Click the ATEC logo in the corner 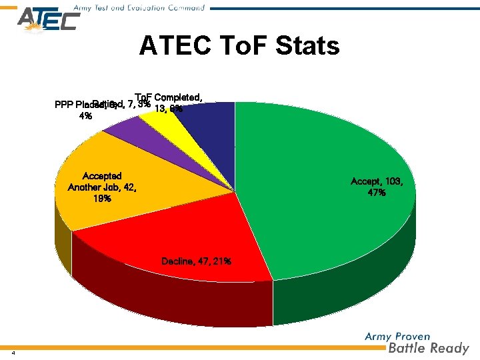(x=48, y=21)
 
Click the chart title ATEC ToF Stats (x=239, y=47)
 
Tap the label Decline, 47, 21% (x=196, y=261)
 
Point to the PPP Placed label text (x=75, y=105)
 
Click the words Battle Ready (x=428, y=348)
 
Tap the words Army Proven (x=397, y=337)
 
